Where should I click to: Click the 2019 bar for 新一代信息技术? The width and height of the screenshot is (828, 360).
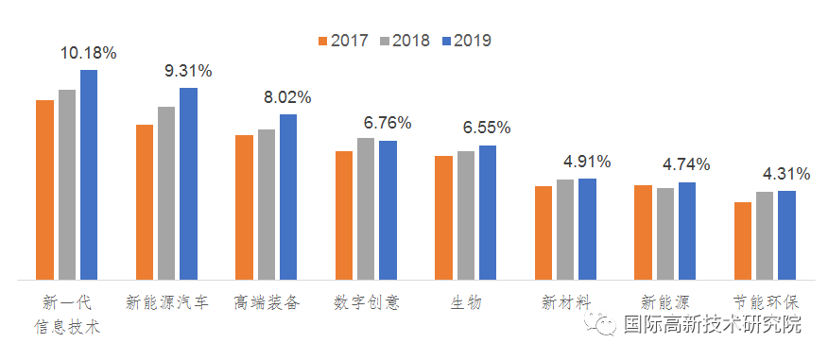[x=89, y=175]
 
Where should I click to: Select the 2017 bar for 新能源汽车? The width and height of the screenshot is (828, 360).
[x=145, y=202]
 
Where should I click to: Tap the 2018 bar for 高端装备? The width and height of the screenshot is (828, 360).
[x=267, y=204]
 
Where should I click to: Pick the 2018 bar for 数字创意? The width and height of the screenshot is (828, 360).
[x=366, y=209]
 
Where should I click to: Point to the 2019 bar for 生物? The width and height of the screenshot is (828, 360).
[x=488, y=213]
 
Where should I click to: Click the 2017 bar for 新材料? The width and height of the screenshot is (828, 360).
[x=543, y=232]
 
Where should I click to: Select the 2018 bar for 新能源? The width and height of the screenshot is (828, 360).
[x=665, y=233]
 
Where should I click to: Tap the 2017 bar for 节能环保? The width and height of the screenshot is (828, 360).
[x=743, y=241]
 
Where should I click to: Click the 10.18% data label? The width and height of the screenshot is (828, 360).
[x=89, y=54]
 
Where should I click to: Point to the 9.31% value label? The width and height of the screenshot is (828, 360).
[x=188, y=71]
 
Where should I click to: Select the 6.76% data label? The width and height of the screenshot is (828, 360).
[x=388, y=124]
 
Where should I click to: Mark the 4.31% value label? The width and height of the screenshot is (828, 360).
[x=786, y=174]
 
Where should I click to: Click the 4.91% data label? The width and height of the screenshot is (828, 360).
[x=587, y=162]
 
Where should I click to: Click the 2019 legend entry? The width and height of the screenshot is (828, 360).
[x=463, y=41]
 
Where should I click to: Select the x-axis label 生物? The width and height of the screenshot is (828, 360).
[x=466, y=303]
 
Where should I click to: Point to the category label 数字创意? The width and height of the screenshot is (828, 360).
[x=366, y=303]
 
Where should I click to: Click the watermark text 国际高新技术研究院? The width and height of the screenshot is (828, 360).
[x=712, y=325]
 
